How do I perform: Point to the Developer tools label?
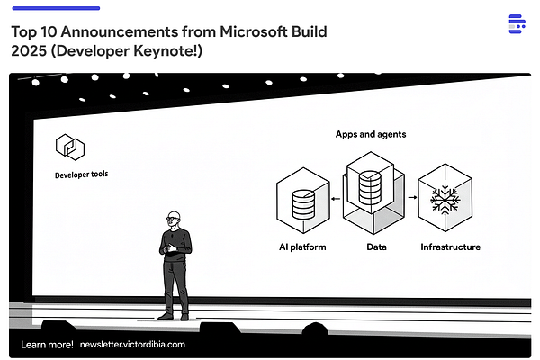click(84, 174)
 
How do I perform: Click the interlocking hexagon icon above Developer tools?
click(68, 146)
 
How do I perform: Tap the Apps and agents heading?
click(370, 134)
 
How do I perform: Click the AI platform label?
click(302, 247)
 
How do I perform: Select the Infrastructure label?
click(450, 247)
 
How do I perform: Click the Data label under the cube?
click(376, 247)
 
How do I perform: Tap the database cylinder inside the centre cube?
click(370, 187)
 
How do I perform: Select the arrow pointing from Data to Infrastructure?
click(412, 195)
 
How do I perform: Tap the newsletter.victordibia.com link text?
click(132, 344)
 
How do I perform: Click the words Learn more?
click(47, 344)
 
